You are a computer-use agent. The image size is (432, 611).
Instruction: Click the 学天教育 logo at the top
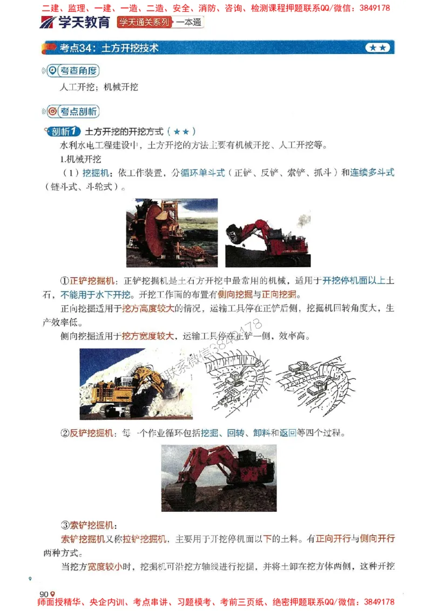click(75, 23)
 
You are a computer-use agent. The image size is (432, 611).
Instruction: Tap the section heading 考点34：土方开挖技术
click(109, 48)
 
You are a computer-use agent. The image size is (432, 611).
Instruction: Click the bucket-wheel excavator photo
click(172, 233)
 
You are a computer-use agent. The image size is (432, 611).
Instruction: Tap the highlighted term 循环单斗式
click(202, 173)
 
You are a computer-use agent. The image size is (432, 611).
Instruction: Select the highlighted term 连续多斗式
click(372, 173)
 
